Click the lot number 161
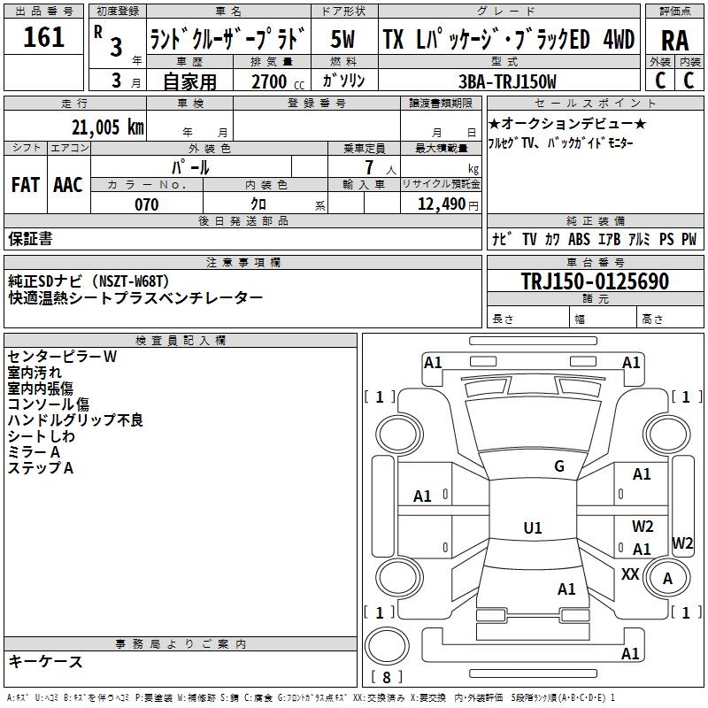coord(44,37)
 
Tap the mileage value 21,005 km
coord(104,127)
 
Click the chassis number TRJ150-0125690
coord(594,282)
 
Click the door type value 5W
coord(343,40)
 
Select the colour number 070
coord(146,204)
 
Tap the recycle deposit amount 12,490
coord(440,204)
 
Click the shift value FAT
coord(26,185)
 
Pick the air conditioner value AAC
coord(67,185)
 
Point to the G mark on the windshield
coord(558,466)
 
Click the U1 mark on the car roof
coord(533,528)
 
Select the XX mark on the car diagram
coord(630,574)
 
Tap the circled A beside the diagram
coord(669,578)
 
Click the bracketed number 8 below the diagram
coord(386,677)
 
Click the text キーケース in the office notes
coord(46,661)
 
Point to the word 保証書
coord(30,238)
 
